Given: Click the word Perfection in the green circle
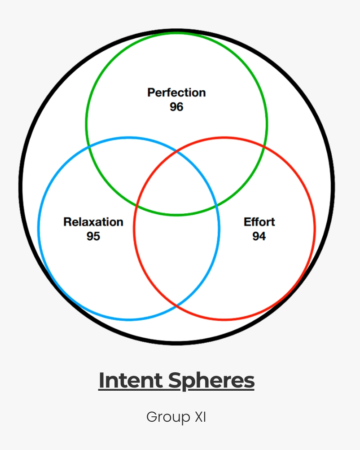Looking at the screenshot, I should click(176, 93).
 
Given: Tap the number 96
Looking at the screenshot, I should click(176, 107).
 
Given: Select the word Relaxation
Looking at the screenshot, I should click(93, 222).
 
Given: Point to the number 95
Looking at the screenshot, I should click(93, 236).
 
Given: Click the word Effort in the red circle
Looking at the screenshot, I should click(259, 222).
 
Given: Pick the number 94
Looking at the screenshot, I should click(259, 236).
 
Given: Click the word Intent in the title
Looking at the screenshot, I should click(131, 381).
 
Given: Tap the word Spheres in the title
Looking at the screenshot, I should click(211, 381).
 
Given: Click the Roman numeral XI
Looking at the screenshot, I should click(200, 417).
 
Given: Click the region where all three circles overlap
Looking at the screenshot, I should click(176, 189).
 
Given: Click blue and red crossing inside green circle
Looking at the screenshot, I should click(176, 152).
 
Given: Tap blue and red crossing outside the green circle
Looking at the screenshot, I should click(176, 306).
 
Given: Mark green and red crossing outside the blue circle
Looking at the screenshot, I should click(263, 146).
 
